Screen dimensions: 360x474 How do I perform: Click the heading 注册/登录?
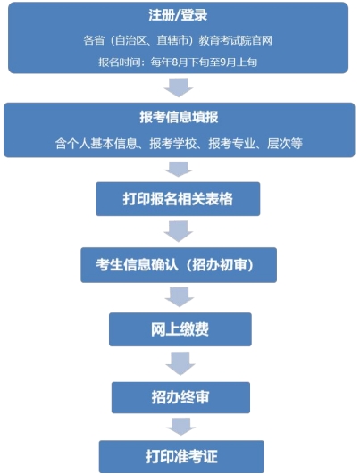point(178,15)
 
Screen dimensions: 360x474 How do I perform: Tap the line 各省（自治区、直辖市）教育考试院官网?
point(178,40)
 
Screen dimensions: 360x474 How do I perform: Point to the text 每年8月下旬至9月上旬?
point(204,62)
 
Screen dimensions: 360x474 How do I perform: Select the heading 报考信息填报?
point(179,117)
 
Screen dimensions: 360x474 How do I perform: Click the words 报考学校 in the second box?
point(173,144)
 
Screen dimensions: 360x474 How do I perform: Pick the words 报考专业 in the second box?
point(231,144)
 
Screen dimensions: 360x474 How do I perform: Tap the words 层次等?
point(285,144)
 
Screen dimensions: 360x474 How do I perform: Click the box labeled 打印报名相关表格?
point(178,199)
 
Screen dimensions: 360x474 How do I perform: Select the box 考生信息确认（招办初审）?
point(179,265)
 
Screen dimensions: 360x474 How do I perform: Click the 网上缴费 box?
point(180,329)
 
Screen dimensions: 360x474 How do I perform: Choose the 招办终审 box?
point(180,397)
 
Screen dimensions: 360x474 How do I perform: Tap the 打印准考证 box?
point(181,456)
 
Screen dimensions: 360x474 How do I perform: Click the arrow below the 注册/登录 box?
point(179,87)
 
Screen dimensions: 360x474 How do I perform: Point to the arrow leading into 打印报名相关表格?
point(179,170)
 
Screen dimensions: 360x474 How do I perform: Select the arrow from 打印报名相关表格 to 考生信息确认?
point(179,231)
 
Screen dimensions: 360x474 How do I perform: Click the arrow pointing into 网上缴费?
point(180,297)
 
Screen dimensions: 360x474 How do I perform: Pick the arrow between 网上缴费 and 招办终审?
point(180,363)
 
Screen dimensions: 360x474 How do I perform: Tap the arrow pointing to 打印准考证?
point(181,427)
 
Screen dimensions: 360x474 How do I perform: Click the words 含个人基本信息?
point(96,144)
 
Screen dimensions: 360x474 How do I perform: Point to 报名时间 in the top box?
point(119,62)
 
